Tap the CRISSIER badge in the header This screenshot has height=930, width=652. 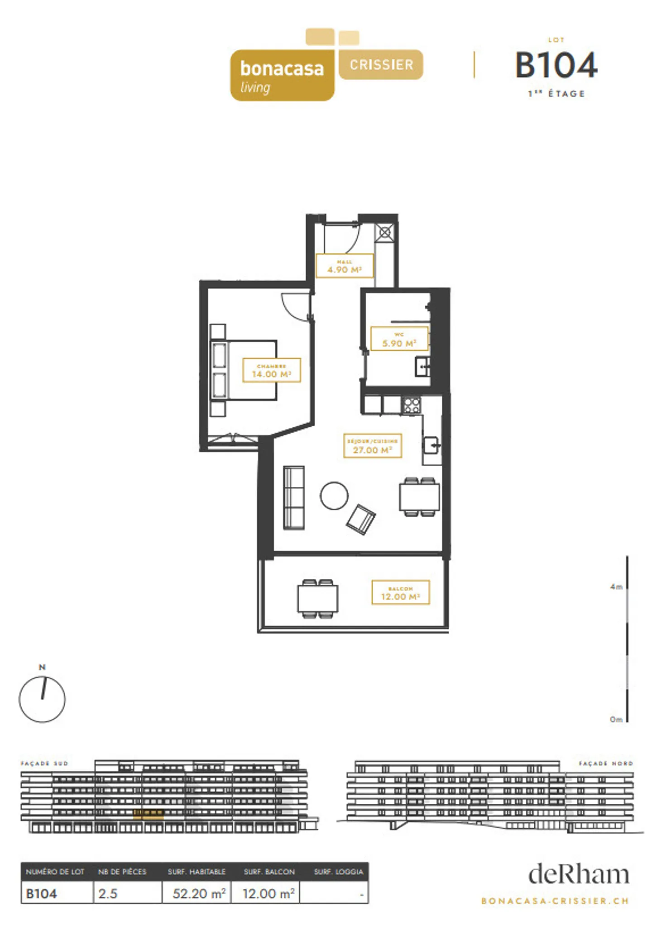tap(381, 64)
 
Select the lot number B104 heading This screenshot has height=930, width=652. tap(556, 65)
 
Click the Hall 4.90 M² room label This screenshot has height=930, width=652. tap(344, 266)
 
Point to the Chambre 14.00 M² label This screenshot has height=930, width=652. tap(271, 370)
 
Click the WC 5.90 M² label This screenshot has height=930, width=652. tap(399, 339)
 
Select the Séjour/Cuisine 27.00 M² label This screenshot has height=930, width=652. tap(372, 446)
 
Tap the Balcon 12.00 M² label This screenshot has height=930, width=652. tap(400, 593)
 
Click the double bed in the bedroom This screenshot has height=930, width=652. tap(244, 370)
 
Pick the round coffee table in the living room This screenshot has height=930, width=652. tap(334, 496)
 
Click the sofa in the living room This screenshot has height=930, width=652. tap(293, 497)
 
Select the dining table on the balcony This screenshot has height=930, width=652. tap(317, 598)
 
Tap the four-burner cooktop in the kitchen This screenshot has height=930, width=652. tap(412, 405)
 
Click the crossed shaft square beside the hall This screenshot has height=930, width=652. tap(384, 233)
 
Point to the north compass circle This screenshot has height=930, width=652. tap(42, 699)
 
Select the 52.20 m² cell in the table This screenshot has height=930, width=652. tap(197, 893)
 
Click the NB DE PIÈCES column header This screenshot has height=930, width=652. tap(122, 872)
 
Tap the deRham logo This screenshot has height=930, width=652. tap(578, 874)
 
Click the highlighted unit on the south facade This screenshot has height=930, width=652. tap(148, 815)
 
